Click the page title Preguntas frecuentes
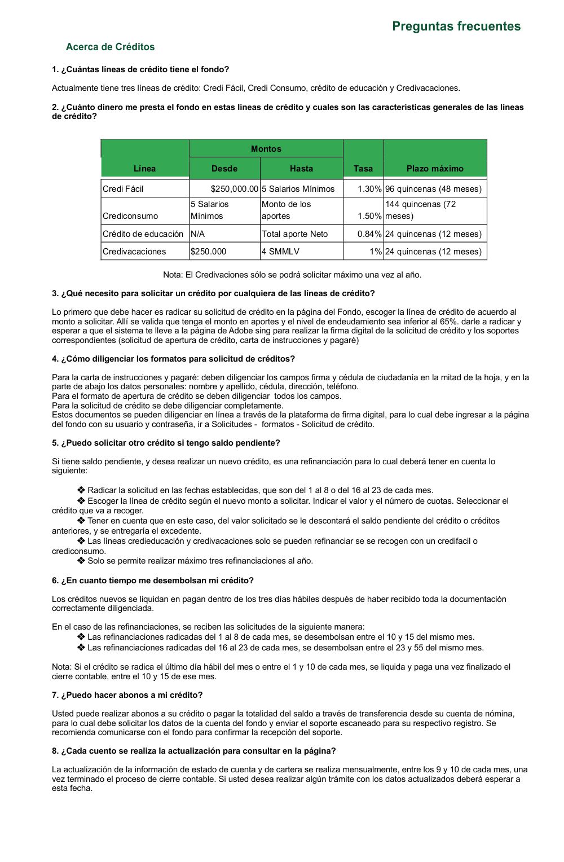coord(456,27)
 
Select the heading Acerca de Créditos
coord(110,47)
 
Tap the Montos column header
coord(266,149)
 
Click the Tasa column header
coord(363,169)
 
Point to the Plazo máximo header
coord(435,169)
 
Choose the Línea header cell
coord(145,169)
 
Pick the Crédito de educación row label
coord(143,234)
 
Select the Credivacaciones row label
coord(134,252)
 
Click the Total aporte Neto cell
coord(294,234)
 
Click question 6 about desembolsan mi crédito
coord(153,580)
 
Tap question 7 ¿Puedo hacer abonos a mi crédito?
coord(127,695)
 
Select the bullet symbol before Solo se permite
coord(81,561)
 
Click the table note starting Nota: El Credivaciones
coord(292,275)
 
